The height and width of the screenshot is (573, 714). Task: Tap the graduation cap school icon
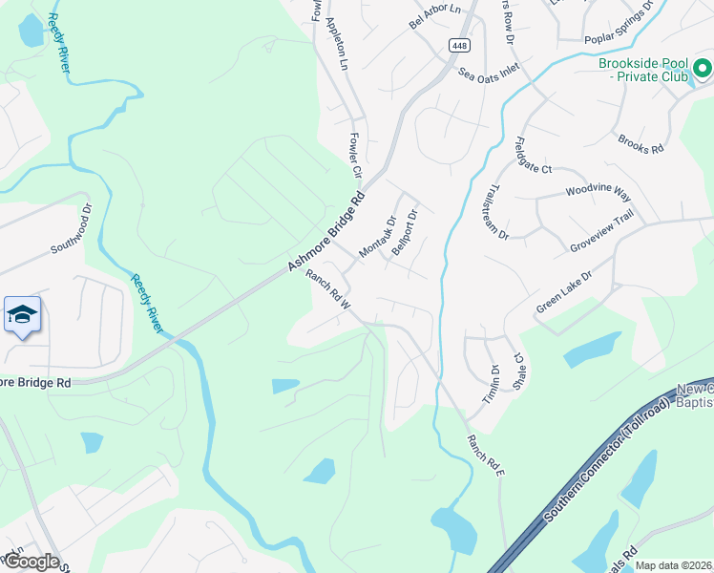pos(22,316)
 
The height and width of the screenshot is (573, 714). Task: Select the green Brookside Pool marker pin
pos(703,69)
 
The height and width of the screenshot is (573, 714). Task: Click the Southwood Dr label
pos(73,230)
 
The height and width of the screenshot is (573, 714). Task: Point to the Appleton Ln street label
pos(338,43)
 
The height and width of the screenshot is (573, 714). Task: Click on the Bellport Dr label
pos(406,228)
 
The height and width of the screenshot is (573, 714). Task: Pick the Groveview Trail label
pos(601,232)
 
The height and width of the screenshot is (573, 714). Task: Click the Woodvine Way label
pos(598,192)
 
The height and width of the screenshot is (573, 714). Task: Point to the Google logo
pos(31,562)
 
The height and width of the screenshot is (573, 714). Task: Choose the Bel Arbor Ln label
pos(434,16)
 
